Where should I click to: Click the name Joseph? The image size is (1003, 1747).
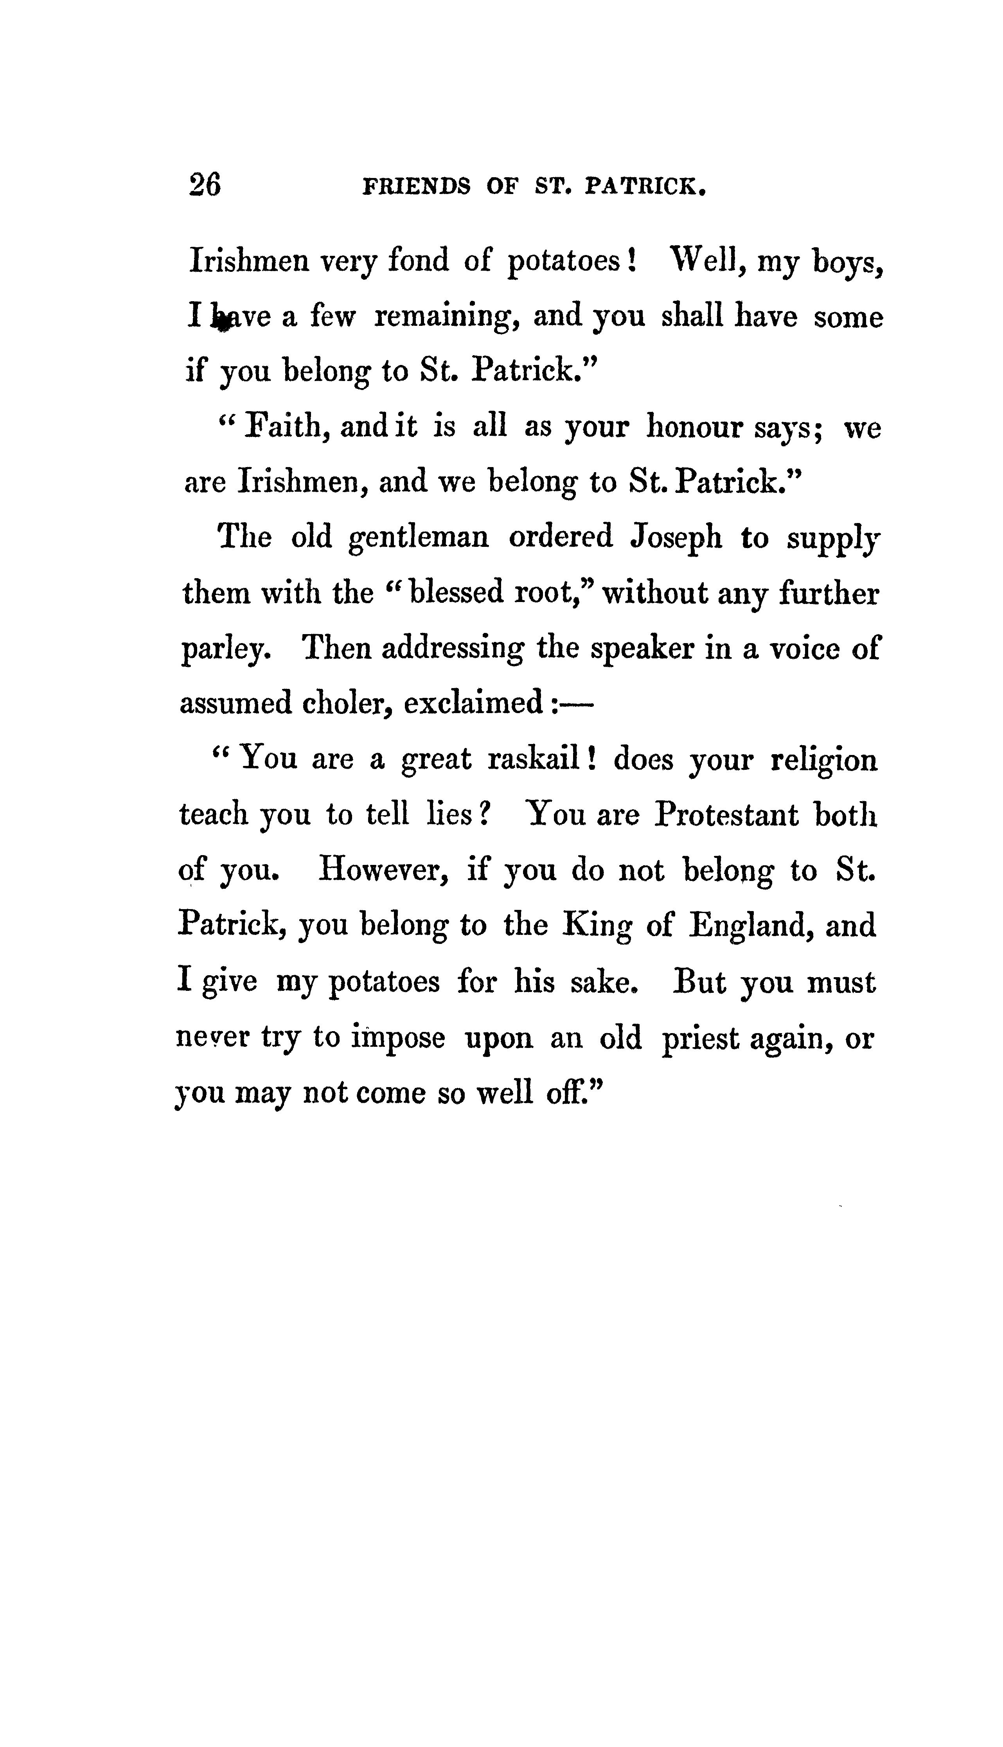(x=676, y=538)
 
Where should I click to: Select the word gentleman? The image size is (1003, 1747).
(x=419, y=538)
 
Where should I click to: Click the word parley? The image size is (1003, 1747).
(x=223, y=649)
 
